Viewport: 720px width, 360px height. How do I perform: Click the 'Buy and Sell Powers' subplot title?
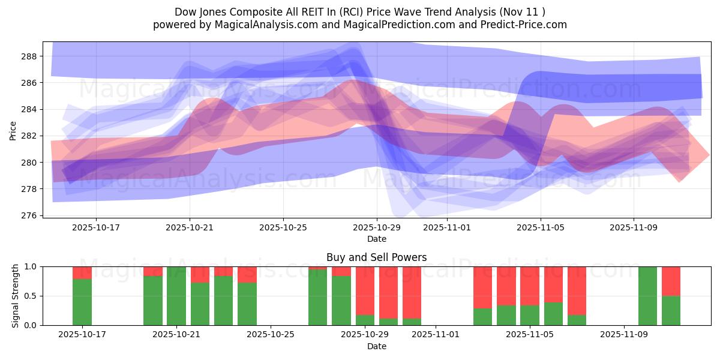tap(376, 257)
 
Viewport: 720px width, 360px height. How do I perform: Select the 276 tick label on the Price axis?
tap(29, 215)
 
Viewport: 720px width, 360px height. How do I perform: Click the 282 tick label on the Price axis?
tap(29, 136)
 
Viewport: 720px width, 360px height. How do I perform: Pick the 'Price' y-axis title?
tap(13, 130)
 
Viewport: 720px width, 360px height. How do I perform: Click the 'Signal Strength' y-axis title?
tap(16, 296)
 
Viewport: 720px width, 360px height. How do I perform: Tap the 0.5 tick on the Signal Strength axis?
tap(31, 296)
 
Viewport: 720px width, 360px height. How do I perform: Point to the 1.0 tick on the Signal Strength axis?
tap(31, 266)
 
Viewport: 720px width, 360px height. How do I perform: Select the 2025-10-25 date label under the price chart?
tap(283, 228)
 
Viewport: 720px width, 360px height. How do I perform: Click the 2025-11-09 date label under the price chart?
tap(634, 228)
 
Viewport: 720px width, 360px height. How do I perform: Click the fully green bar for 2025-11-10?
tap(648, 296)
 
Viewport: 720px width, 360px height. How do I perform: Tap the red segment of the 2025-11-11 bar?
tap(671, 281)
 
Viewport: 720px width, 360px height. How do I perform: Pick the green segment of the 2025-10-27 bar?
tap(318, 297)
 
